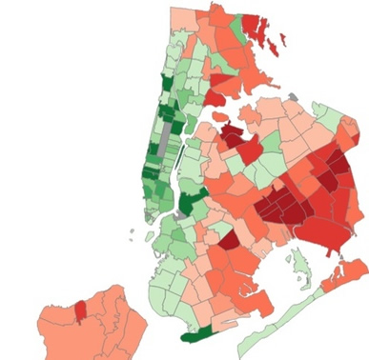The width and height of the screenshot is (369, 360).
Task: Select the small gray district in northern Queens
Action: pos(292,97)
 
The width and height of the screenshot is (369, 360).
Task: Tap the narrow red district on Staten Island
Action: pos(80,310)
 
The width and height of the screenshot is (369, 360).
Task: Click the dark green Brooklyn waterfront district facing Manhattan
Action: pos(191,203)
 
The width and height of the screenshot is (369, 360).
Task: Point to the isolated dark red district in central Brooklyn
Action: pos(228,239)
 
